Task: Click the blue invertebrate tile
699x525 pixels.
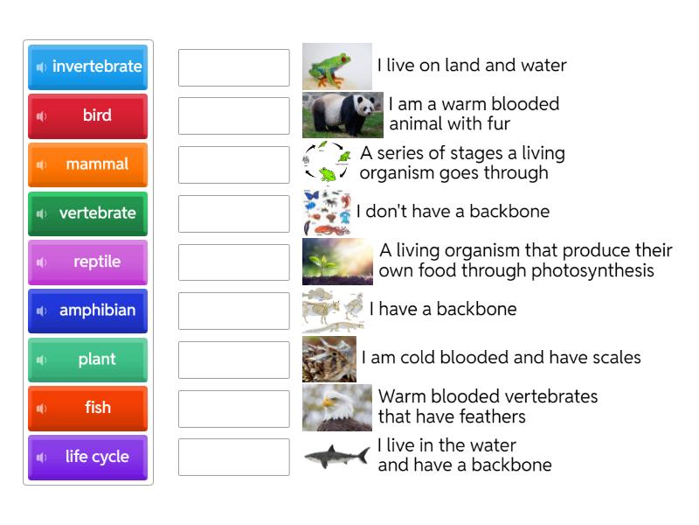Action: coord(87,66)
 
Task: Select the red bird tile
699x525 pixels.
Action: coord(87,115)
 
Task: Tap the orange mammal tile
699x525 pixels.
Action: coord(87,164)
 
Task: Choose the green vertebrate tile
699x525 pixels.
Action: coord(87,213)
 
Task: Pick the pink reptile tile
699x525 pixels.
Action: coord(87,262)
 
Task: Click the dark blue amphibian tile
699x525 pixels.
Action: coord(87,311)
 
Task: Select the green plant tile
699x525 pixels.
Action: coord(87,360)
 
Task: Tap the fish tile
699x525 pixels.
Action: coord(87,408)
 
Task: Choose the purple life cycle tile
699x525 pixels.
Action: coord(87,457)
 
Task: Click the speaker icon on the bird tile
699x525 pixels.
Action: coord(41,115)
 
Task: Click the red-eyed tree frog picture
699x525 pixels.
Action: coord(336,66)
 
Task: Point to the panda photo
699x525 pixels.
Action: coord(343,115)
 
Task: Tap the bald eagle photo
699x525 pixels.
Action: coord(336,408)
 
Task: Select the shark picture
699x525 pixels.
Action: coord(336,456)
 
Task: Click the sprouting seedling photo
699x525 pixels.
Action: coord(337,262)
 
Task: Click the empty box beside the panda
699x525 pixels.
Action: coord(233,115)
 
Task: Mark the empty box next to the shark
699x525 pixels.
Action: coord(233,457)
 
